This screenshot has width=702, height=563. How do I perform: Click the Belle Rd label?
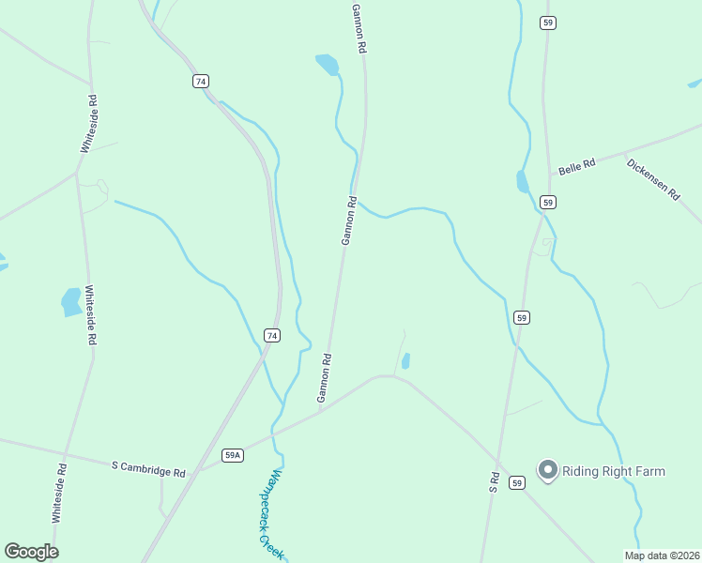[576, 167]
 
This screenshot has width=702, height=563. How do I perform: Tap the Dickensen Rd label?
[652, 177]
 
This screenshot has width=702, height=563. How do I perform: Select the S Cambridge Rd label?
[148, 465]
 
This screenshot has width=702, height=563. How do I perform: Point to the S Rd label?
[494, 482]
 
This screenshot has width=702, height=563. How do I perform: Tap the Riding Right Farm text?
[613, 471]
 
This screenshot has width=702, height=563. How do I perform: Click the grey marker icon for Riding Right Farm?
[547, 470]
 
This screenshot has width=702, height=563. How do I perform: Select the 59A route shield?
[233, 455]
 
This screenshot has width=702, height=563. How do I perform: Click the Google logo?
[31, 552]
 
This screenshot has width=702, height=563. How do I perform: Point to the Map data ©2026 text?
[661, 555]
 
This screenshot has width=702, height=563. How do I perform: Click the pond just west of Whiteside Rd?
[71, 301]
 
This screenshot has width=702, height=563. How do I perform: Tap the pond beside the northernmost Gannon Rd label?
[328, 65]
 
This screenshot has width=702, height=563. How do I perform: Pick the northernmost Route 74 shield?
[201, 82]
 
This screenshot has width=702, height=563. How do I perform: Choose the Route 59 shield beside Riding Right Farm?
[517, 482]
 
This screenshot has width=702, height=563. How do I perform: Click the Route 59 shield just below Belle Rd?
[548, 202]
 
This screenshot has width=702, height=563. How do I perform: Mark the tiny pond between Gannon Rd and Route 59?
[405, 360]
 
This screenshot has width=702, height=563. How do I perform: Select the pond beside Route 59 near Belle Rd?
[523, 181]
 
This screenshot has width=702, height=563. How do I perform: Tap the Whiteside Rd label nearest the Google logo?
[59, 494]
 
